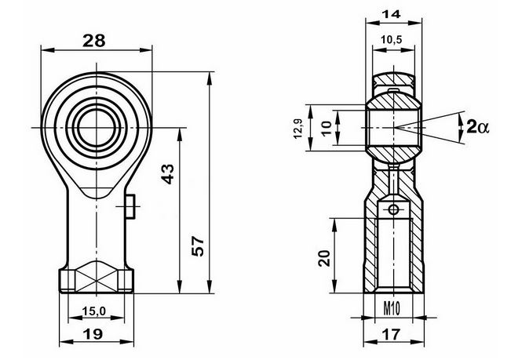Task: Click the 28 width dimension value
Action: [x=94, y=41]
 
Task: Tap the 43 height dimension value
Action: [x=169, y=174]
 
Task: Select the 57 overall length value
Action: [x=198, y=246]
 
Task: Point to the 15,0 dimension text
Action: [x=94, y=311]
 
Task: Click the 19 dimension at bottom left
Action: [x=93, y=333]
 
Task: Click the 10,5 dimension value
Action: [x=392, y=40]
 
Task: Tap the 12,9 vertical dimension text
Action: [x=298, y=129]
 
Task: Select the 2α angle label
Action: [x=478, y=126]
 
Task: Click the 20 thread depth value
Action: [x=324, y=258]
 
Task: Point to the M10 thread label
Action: [x=392, y=308]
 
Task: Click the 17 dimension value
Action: [x=390, y=334]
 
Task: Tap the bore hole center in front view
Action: [x=97, y=127]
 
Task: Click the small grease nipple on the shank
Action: [x=130, y=206]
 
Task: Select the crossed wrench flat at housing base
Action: [x=97, y=276]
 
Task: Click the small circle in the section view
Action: [x=394, y=210]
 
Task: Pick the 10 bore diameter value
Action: [x=327, y=128]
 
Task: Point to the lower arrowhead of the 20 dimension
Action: [x=334, y=286]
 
